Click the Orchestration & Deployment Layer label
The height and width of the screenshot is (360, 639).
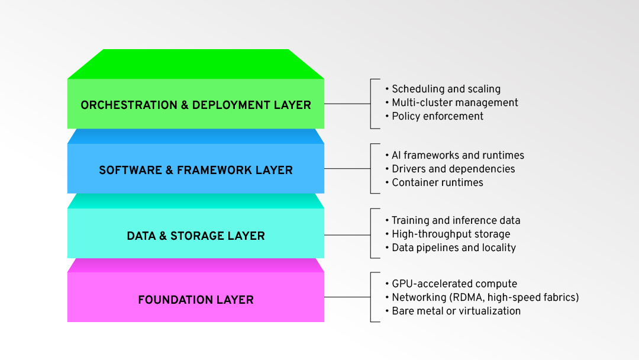point(195,105)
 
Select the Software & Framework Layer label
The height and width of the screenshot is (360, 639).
point(195,171)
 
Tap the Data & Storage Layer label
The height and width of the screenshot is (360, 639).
point(195,236)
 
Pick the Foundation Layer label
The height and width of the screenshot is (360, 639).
point(195,300)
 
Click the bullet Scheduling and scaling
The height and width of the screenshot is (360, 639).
point(446,89)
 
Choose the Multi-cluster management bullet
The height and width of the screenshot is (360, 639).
point(454,102)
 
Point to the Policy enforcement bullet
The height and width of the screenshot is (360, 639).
point(437,116)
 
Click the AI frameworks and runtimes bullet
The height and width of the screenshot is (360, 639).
point(457,155)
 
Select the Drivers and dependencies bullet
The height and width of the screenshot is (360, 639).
point(453,169)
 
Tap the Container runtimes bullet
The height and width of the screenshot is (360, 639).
point(437,182)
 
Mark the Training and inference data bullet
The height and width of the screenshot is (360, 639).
point(456,220)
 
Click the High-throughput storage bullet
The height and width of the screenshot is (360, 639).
point(450,234)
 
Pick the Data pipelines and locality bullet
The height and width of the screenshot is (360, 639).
point(453,247)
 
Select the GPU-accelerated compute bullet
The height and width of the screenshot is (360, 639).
point(454,284)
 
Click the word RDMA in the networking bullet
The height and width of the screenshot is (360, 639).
point(465,297)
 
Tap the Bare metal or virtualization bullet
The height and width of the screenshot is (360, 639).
point(456,311)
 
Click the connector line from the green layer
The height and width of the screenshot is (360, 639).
point(347,104)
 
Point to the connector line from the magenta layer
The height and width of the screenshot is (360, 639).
point(347,297)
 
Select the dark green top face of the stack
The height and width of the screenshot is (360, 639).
point(195,64)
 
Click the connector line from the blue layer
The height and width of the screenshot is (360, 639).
point(347,169)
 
